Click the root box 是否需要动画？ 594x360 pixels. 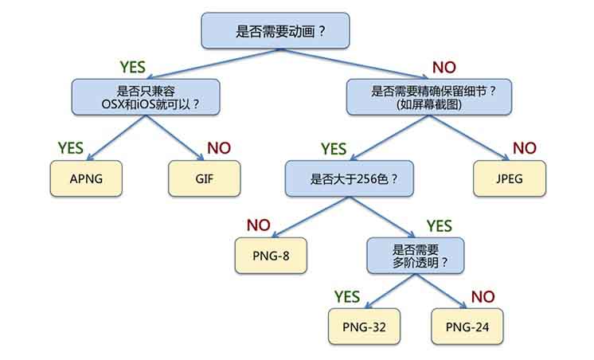click(275, 31)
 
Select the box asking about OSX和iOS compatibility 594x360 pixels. click(145, 96)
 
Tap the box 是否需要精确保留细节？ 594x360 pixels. click(435, 96)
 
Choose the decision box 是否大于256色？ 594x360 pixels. click(353, 179)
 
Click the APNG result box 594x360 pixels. click(86, 178)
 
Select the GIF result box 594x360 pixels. click(205, 178)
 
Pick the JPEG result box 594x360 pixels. click(510, 178)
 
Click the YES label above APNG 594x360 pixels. click(71, 148)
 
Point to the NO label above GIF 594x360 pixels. click(219, 148)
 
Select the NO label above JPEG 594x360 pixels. click(524, 148)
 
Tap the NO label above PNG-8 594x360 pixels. click(259, 225)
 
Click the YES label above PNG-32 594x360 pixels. click(348, 296)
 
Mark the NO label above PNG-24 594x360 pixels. click(483, 296)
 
